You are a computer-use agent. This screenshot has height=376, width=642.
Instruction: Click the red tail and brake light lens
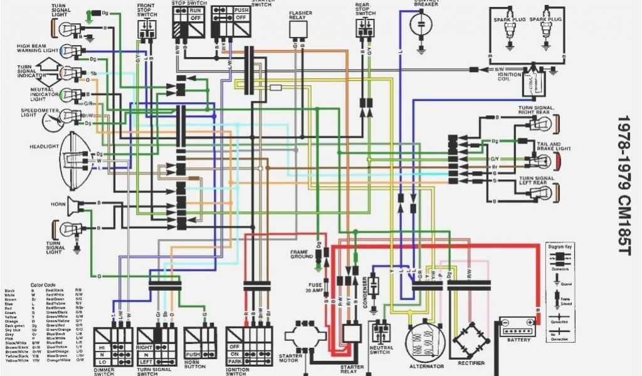(x=555, y=161)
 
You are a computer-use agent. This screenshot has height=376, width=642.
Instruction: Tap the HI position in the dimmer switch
(x=102, y=347)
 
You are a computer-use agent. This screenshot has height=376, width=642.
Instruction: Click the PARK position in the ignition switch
(x=234, y=361)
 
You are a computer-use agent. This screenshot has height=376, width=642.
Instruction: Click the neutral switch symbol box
(x=381, y=332)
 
